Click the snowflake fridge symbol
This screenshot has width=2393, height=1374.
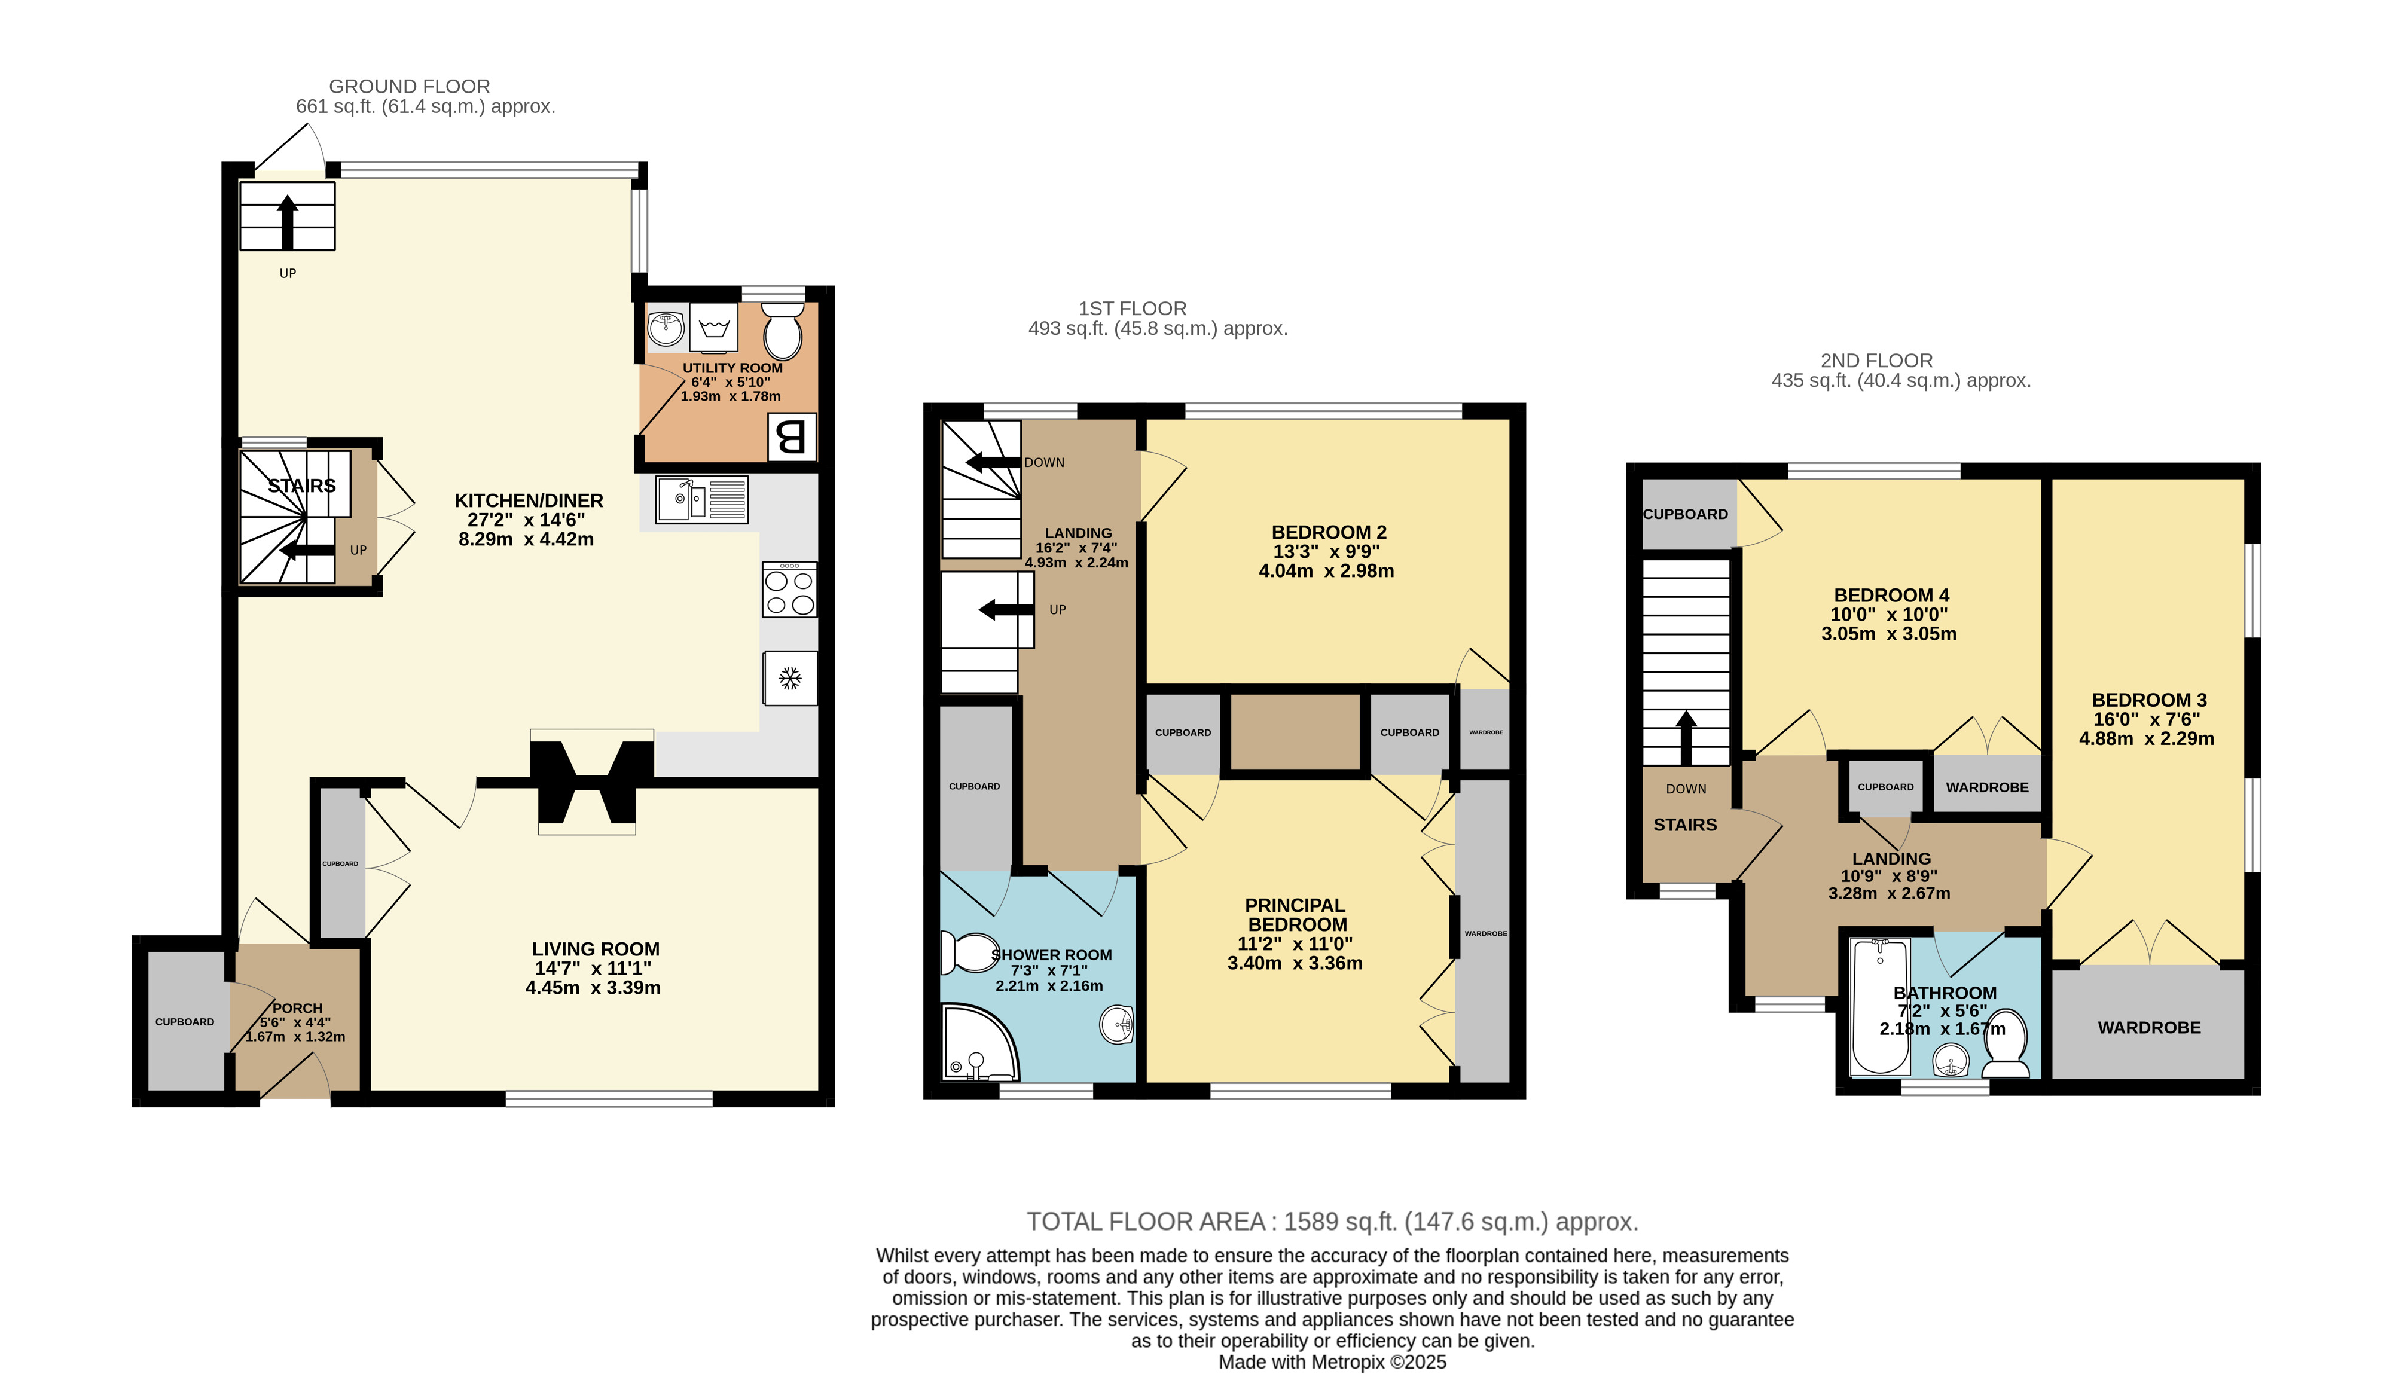(790, 677)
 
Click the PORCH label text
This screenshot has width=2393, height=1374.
(297, 1008)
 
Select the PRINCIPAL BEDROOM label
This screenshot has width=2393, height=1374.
(1296, 914)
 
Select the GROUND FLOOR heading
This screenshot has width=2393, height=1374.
(410, 87)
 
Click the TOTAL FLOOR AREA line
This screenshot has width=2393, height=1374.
(1332, 1222)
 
